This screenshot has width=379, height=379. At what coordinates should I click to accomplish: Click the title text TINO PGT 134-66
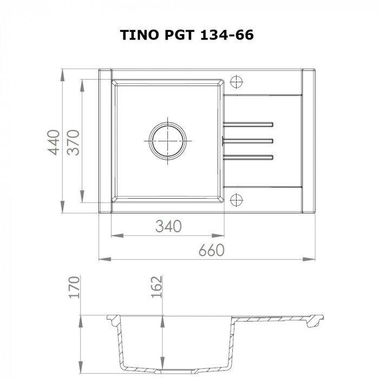tap(187, 36)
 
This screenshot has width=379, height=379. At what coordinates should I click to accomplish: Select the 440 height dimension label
tap(53, 142)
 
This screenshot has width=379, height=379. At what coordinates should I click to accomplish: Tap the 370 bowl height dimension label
tap(74, 142)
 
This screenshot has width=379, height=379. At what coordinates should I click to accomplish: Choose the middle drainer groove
tap(249, 141)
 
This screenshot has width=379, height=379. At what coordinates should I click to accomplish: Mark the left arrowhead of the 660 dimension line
tap(102, 258)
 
